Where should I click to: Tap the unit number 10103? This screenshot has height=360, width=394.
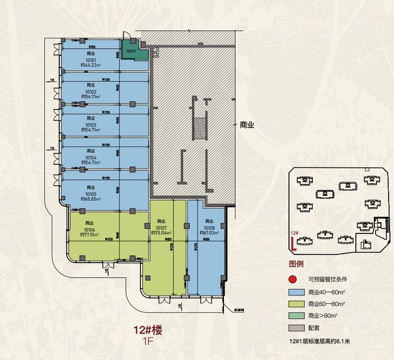[x=91, y=124]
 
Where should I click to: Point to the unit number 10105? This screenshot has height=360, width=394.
[x=91, y=194]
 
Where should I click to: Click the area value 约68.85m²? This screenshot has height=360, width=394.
[x=91, y=199]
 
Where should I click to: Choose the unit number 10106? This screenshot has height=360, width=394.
[x=90, y=229]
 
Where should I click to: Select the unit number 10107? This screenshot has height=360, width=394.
[x=160, y=228]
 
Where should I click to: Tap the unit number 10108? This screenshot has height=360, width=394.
[x=209, y=228]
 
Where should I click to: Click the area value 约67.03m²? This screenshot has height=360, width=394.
[x=209, y=233]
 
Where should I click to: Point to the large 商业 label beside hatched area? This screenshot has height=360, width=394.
[x=247, y=125]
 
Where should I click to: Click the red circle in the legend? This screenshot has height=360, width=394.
[x=293, y=279]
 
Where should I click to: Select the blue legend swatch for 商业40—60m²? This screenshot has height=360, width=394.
[x=295, y=292]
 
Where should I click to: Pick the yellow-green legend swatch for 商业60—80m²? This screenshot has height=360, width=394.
[x=295, y=304]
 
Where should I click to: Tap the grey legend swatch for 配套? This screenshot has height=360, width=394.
[x=295, y=328]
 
